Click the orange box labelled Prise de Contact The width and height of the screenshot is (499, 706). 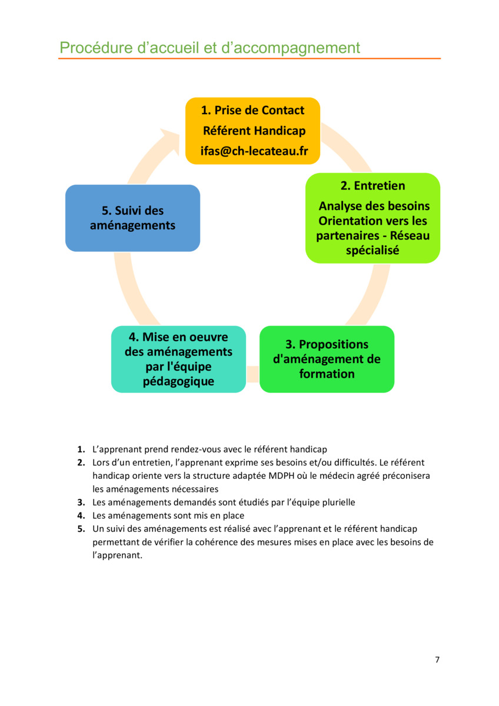tap(252, 131)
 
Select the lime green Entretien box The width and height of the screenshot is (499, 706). tap(372, 218)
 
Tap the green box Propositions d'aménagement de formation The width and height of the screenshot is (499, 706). tap(327, 359)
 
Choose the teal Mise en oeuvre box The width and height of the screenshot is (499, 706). tap(178, 359)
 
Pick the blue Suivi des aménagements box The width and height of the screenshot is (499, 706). tap(133, 218)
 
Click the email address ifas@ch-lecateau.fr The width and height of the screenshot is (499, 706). tap(254, 151)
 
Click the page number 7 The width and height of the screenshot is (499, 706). tap(437, 660)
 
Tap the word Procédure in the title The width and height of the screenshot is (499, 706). tap(96, 48)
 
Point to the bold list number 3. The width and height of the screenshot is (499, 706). tap(81, 502)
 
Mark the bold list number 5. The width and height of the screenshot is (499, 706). tap(81, 528)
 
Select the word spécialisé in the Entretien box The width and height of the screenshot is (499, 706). tap(372, 251)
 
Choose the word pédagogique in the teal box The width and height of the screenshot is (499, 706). tap(178, 382)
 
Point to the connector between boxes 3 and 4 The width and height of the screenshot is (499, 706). tap(252, 374)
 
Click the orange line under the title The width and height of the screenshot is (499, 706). tap(249, 59)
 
